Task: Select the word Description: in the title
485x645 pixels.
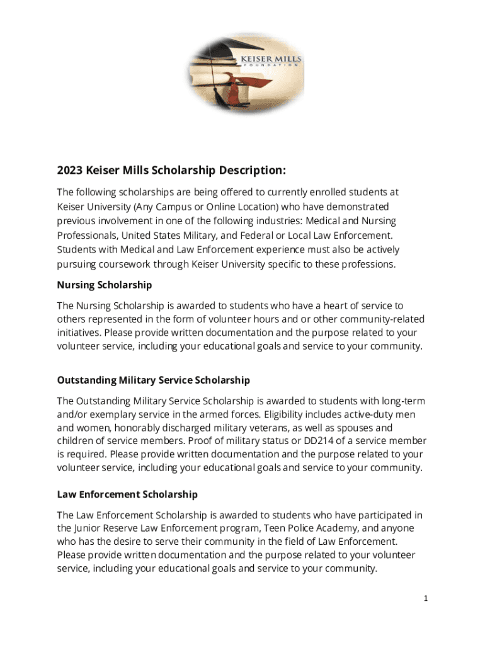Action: point(253,171)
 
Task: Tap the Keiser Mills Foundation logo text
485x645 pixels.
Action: point(271,60)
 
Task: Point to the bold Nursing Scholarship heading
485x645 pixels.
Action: point(105,285)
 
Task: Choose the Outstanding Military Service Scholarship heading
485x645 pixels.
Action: point(154,380)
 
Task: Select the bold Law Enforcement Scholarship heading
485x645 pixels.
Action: point(127,494)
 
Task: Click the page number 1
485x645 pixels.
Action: point(426,598)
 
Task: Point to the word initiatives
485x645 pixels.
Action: point(79,332)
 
